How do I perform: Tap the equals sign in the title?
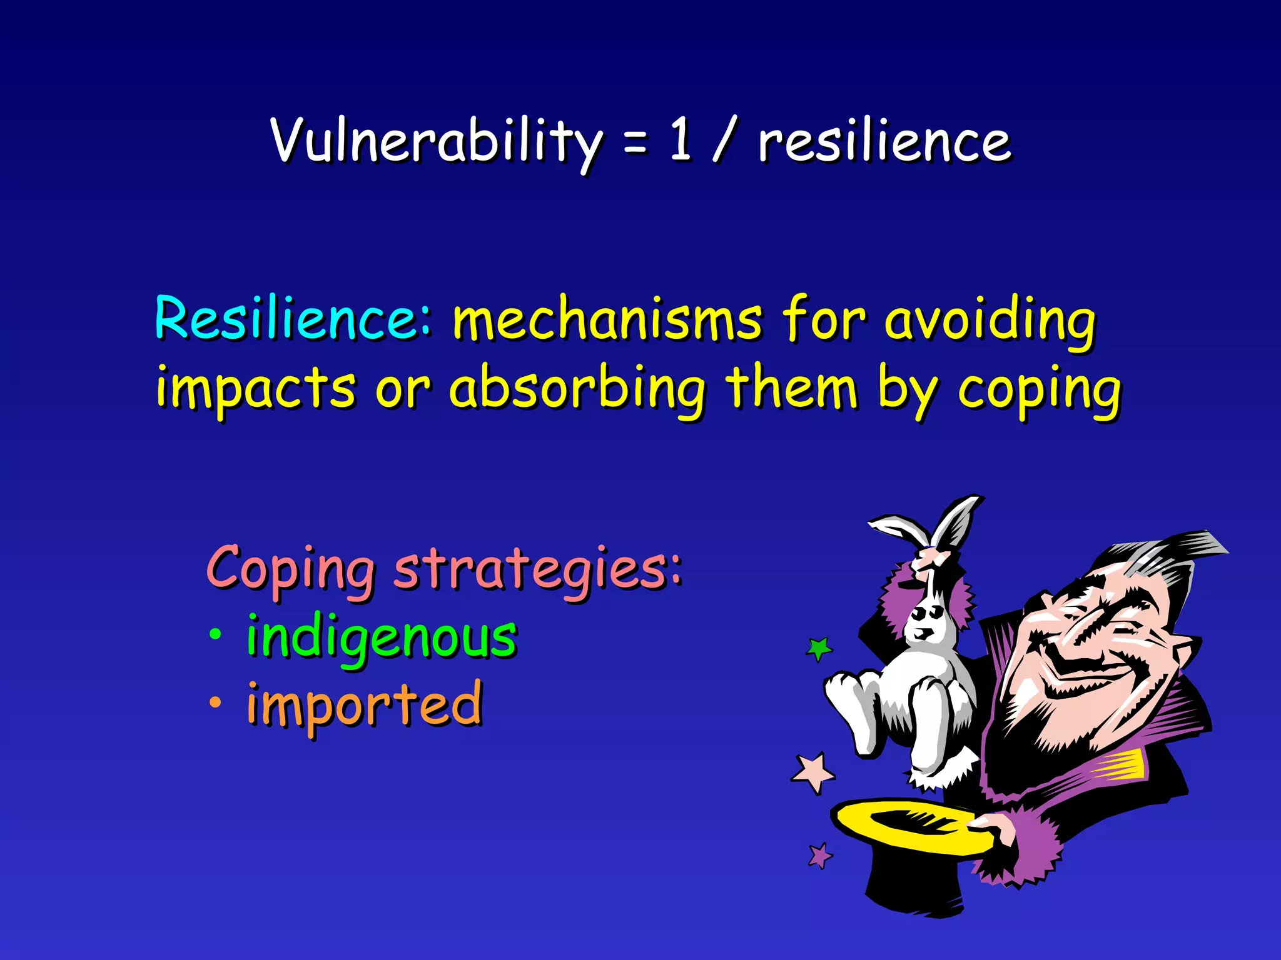(x=634, y=145)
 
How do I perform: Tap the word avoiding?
(x=990, y=321)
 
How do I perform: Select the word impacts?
(x=256, y=389)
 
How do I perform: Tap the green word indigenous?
(x=382, y=637)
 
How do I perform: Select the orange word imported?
(x=365, y=705)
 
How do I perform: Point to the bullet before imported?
(x=215, y=703)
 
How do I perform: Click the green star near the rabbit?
(x=819, y=648)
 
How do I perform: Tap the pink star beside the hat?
(x=813, y=772)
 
